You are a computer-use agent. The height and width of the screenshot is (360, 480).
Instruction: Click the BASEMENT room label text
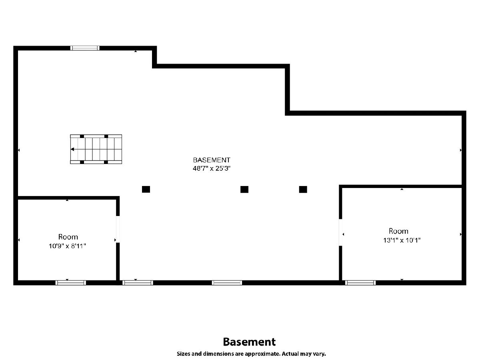[212, 160]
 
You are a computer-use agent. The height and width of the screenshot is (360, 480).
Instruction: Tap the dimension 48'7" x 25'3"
[212, 168]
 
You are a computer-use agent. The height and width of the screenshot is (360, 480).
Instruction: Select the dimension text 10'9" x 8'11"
[68, 246]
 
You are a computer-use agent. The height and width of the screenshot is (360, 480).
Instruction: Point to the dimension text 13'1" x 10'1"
[402, 240]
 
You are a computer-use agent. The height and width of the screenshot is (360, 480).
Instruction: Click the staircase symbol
[96, 149]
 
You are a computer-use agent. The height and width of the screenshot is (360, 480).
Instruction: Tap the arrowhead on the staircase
[72, 149]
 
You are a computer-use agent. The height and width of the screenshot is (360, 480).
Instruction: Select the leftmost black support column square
[146, 189]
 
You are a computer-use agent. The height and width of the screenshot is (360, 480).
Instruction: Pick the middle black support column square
[244, 189]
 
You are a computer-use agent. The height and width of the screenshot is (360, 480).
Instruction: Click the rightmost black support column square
[303, 189]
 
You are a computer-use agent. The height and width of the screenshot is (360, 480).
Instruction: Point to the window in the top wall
[85, 48]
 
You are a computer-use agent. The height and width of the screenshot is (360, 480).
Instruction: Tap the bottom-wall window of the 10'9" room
[71, 282]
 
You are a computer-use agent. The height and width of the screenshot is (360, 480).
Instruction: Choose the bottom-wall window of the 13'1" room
[360, 282]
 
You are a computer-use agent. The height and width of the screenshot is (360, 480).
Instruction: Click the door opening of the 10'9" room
[118, 229]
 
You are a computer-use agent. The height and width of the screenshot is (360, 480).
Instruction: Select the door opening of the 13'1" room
[341, 232]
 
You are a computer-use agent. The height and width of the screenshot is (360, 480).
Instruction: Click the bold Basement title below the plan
[249, 342]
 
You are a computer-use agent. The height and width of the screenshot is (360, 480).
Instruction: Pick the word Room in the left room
[68, 237]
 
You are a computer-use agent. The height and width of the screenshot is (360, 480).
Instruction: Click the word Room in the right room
[398, 231]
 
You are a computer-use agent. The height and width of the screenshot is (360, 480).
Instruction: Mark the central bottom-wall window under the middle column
[227, 282]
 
